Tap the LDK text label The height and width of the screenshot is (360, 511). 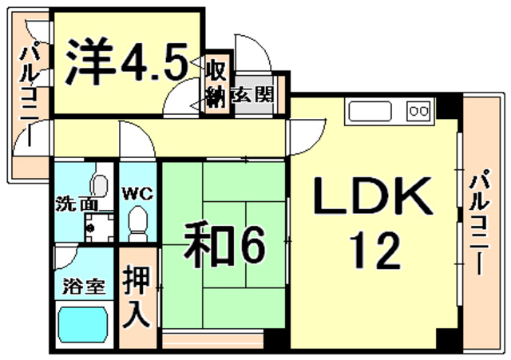[372, 196]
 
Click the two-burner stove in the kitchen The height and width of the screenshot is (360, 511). [418, 111]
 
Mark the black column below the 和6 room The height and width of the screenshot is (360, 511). [275, 339]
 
